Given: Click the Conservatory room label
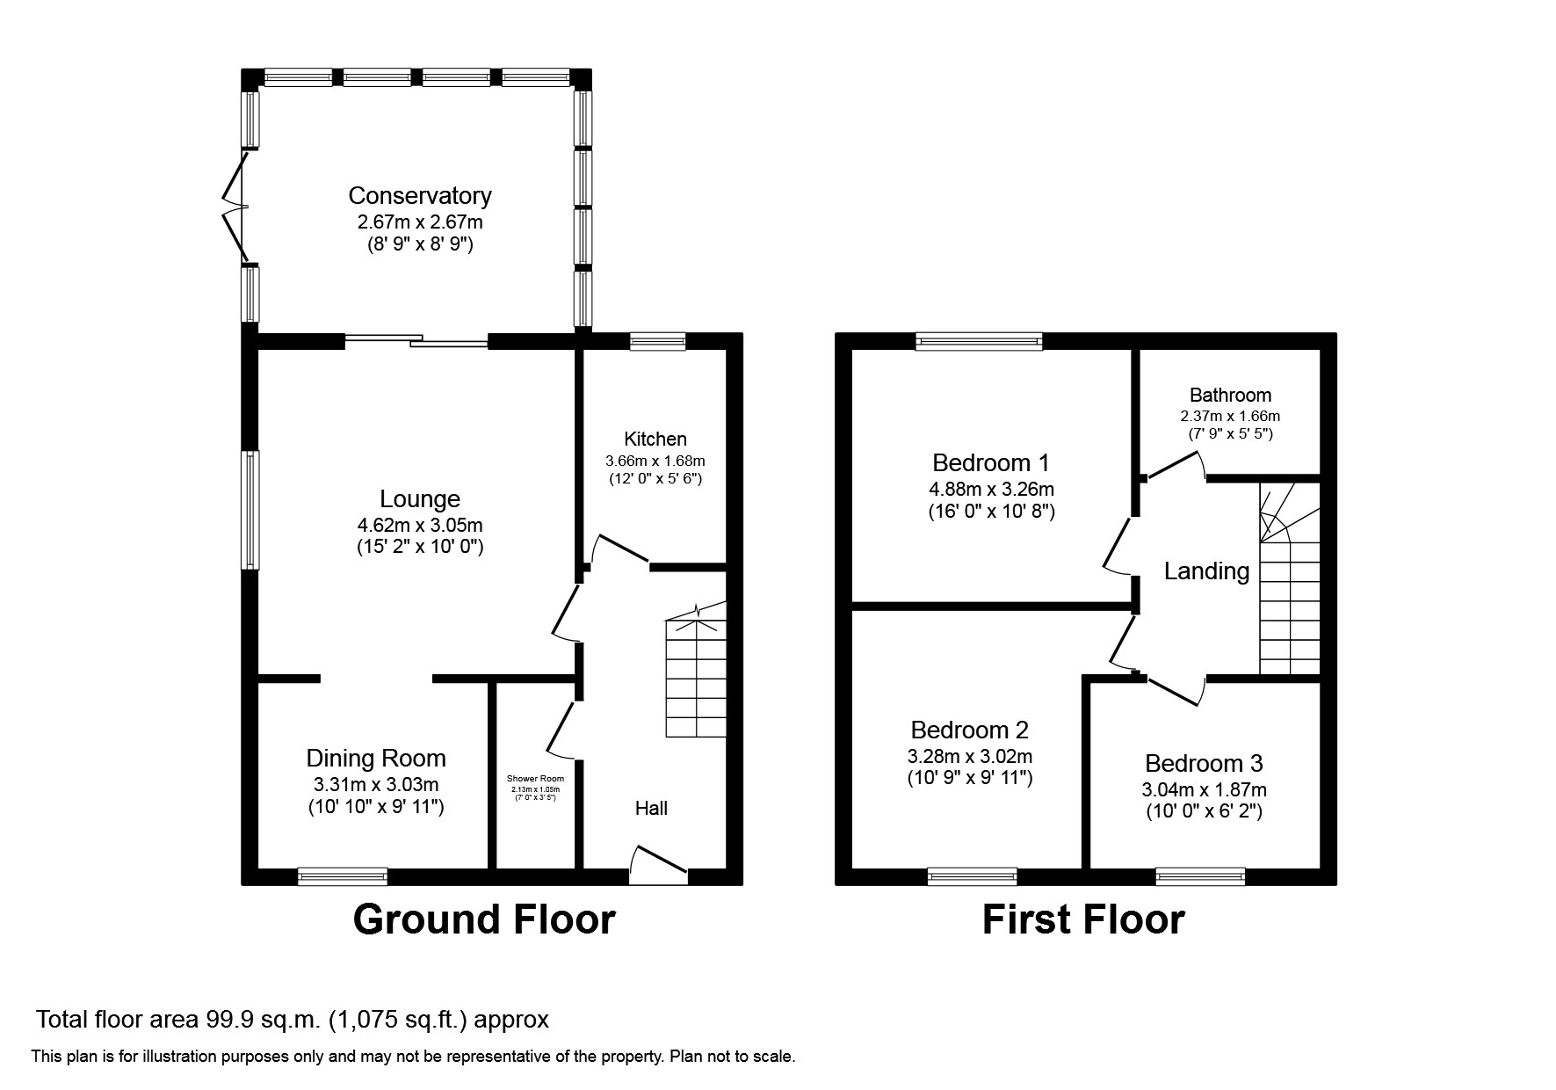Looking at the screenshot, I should (x=419, y=195).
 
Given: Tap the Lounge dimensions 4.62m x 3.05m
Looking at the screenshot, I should (x=419, y=526).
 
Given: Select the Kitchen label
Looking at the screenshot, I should (x=655, y=439).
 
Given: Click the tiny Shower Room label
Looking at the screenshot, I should (x=535, y=779).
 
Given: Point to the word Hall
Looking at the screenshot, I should (x=651, y=808).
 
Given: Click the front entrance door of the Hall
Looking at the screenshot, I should (x=658, y=862).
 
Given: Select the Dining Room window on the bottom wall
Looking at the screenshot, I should (x=342, y=876).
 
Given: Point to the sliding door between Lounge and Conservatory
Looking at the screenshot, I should (x=416, y=341).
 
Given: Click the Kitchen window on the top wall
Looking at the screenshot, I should (x=657, y=341).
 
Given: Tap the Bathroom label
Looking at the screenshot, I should (x=1230, y=395).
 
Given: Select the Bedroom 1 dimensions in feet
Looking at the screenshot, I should (x=991, y=511).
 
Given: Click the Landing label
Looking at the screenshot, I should (x=1206, y=571).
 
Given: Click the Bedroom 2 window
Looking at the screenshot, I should (x=972, y=876).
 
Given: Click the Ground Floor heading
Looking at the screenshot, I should (x=483, y=919).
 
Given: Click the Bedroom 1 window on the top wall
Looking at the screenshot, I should (x=979, y=341).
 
